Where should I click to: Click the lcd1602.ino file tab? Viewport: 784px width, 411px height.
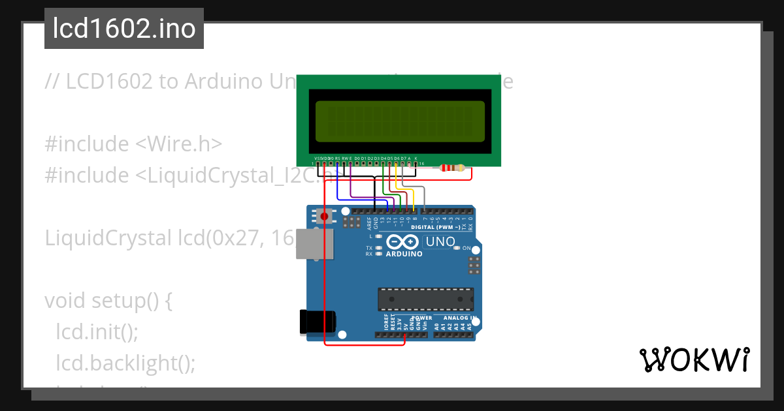pyautogui.click(x=124, y=29)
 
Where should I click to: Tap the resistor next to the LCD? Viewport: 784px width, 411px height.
pyautogui.click(x=452, y=168)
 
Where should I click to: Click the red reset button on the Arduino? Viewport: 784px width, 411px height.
pyautogui.click(x=323, y=215)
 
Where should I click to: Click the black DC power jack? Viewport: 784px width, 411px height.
pyautogui.click(x=317, y=320)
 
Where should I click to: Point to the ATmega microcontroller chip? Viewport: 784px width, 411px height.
pyautogui.click(x=425, y=299)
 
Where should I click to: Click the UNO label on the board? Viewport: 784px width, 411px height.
pyautogui.click(x=440, y=242)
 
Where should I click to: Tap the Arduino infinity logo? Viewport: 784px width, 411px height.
pyautogui.click(x=399, y=242)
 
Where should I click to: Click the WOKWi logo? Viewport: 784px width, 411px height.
pyautogui.click(x=693, y=359)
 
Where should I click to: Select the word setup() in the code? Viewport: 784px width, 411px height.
pyautogui.click(x=131, y=301)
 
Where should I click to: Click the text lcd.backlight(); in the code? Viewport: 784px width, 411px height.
pyautogui.click(x=125, y=362)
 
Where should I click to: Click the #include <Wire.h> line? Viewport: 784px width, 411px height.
pyautogui.click(x=134, y=144)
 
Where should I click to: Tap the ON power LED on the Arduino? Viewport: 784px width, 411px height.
pyautogui.click(x=457, y=249)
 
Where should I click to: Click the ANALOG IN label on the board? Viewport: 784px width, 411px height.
pyautogui.click(x=459, y=318)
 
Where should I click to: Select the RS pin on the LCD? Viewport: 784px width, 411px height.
pyautogui.click(x=337, y=159)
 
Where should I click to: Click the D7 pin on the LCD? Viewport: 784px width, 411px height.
pyautogui.click(x=402, y=159)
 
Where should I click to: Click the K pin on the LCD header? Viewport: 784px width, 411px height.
pyautogui.click(x=416, y=159)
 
